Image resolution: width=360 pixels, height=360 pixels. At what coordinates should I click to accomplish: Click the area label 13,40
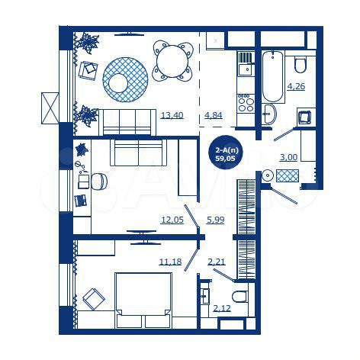(x=171, y=116)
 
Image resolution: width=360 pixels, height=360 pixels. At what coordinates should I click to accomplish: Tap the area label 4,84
(x=214, y=116)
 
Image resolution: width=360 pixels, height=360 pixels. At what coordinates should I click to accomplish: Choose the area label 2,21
(x=216, y=262)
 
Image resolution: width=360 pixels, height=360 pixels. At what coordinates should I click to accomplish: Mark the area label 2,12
(x=221, y=308)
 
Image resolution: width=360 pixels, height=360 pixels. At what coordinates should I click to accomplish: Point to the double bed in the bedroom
(x=142, y=300)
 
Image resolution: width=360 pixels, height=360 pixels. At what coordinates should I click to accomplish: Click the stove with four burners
(x=245, y=102)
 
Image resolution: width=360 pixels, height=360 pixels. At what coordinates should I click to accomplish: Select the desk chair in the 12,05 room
(x=100, y=181)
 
